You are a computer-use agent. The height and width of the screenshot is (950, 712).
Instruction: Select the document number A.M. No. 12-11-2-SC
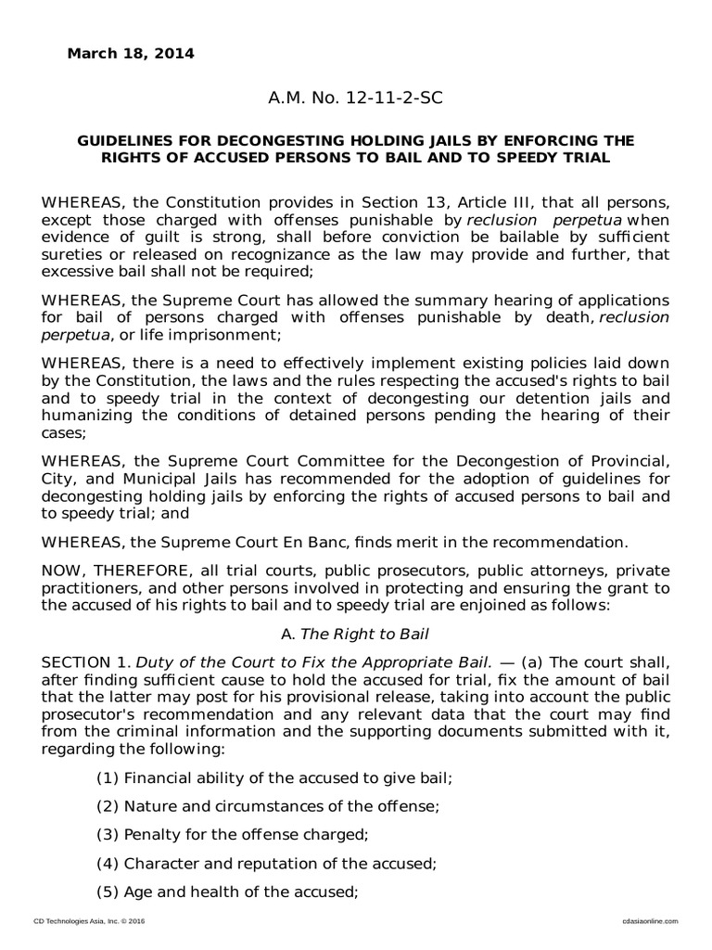(x=356, y=97)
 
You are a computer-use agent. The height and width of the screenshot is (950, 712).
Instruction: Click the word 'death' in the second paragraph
(x=573, y=318)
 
